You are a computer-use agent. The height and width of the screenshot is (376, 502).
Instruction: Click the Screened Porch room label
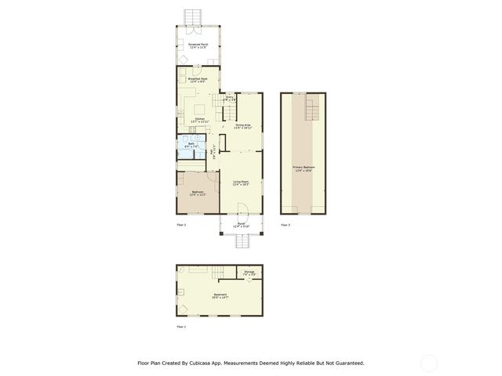tap(198, 46)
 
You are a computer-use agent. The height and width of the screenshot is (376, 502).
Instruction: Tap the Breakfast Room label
tap(198, 79)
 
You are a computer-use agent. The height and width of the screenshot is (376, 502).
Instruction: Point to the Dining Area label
tap(242, 125)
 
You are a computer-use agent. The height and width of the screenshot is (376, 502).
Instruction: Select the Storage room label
tap(249, 274)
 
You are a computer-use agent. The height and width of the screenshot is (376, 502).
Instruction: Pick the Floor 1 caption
tap(181, 326)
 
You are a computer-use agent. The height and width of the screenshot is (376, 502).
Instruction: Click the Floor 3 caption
tap(285, 225)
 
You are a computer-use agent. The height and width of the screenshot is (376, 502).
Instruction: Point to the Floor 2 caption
tap(181, 225)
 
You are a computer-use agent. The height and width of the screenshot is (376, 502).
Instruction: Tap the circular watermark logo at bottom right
tap(429, 363)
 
